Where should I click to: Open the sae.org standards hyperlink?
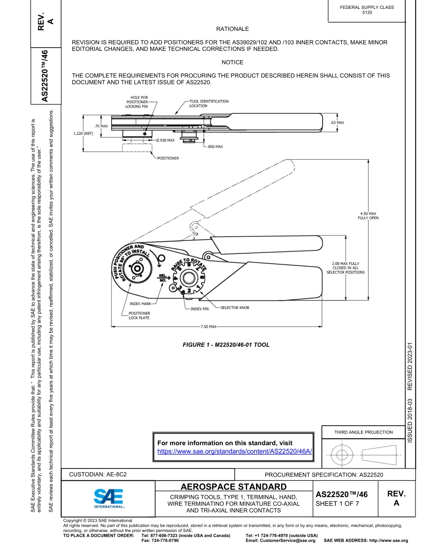click(235, 452)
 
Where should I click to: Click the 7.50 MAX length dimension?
click(208, 326)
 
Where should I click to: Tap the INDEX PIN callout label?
click(200, 309)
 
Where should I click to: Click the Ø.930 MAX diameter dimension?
click(165, 140)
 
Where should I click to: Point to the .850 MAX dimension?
click(215, 147)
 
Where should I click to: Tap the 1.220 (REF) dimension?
click(83, 133)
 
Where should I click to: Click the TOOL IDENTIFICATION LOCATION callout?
click(209, 103)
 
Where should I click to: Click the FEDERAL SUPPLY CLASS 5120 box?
click(367, 10)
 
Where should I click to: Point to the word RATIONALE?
click(232, 29)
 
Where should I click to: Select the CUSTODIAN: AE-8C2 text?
click(98, 474)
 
